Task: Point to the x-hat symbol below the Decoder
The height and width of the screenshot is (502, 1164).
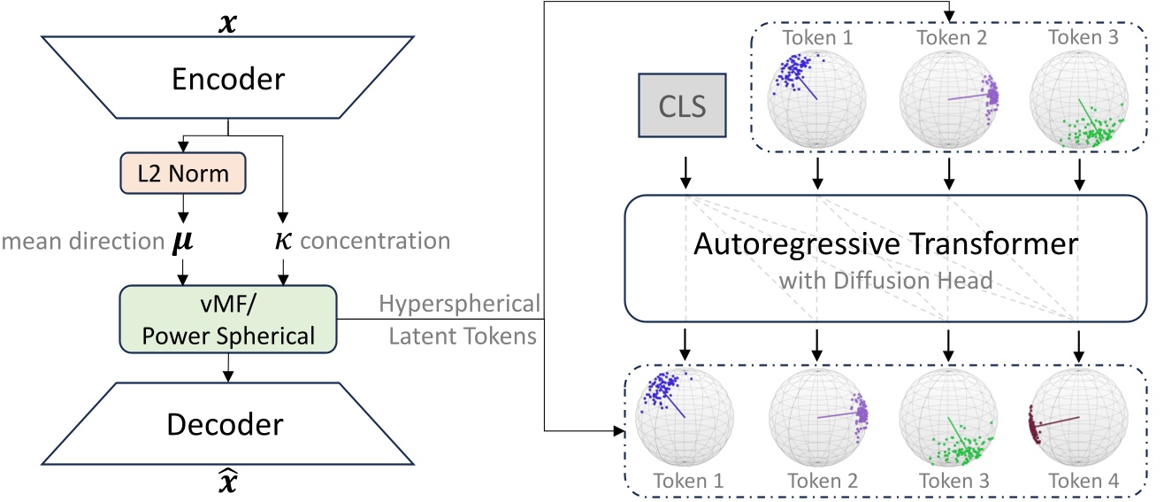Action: [229, 484]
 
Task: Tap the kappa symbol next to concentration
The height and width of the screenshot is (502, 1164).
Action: [280, 241]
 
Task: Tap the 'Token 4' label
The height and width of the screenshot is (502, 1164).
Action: [1078, 482]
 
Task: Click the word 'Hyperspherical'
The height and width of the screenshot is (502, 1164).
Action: [459, 304]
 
